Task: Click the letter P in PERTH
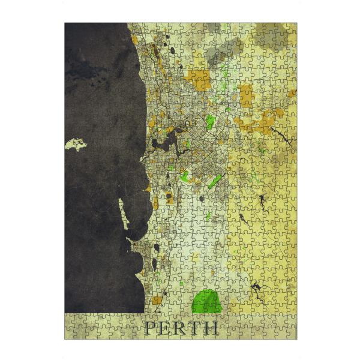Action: tap(149, 328)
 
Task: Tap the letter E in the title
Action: tap(165, 328)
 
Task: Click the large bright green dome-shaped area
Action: tap(207, 301)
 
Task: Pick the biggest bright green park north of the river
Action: tap(210, 122)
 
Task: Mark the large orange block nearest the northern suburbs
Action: tap(200, 78)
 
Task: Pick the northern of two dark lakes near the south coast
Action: tap(156, 247)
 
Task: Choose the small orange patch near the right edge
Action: tap(291, 94)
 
